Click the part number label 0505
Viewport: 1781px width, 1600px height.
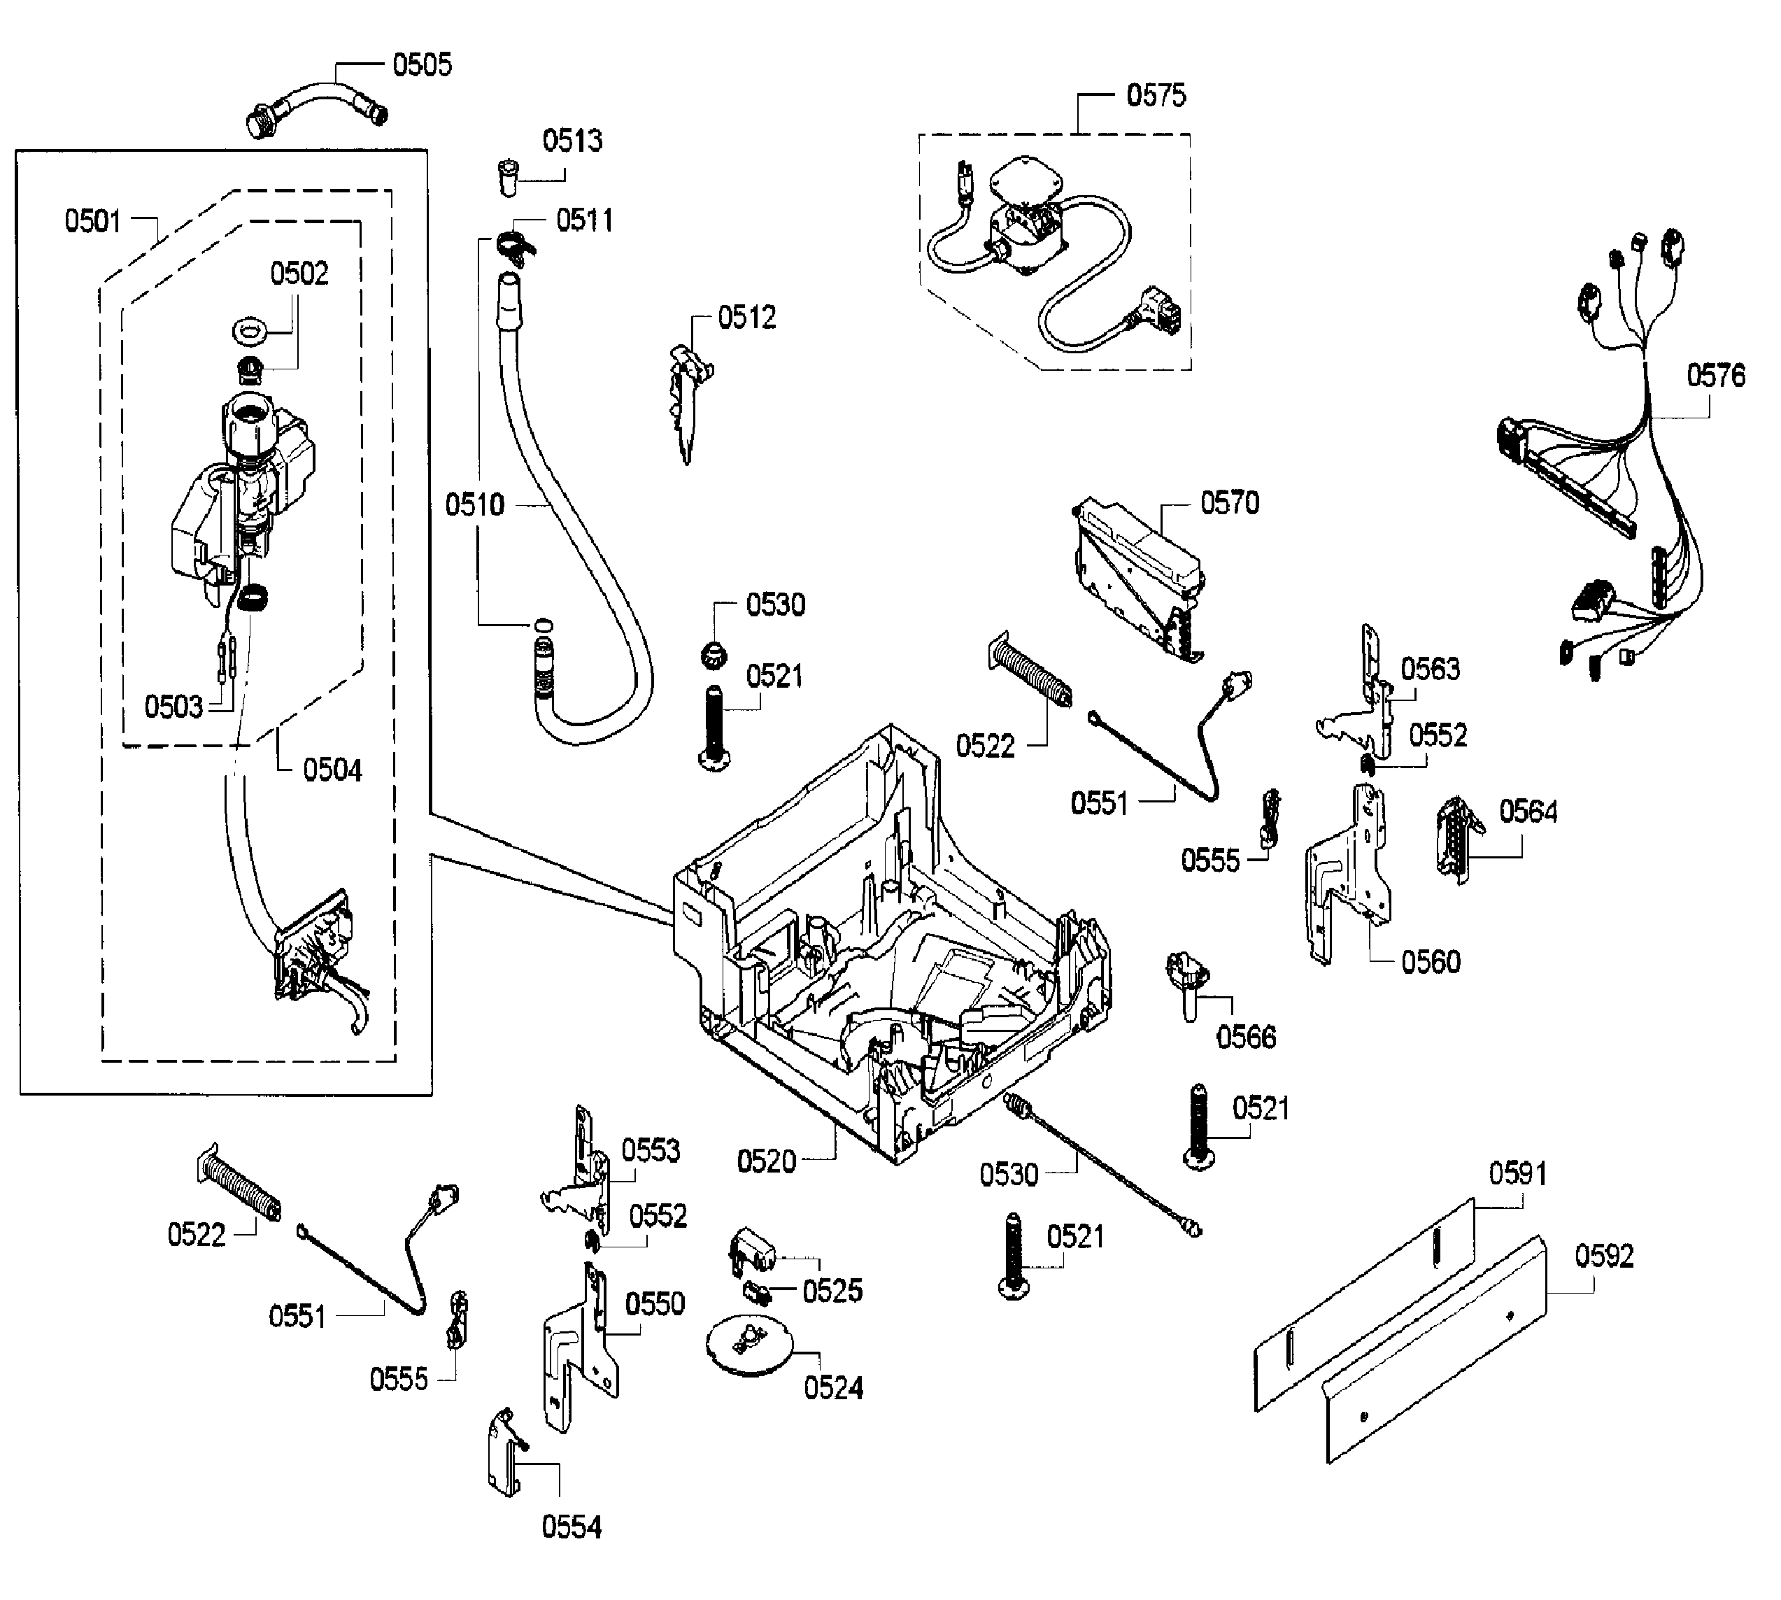(x=422, y=65)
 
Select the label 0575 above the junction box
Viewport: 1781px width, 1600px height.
(x=1156, y=95)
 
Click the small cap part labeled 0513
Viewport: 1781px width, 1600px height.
(x=507, y=176)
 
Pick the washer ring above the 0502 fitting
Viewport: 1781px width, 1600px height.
(x=250, y=333)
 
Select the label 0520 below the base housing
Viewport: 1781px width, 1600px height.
(x=766, y=1161)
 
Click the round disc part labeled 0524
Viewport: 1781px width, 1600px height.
(x=749, y=1345)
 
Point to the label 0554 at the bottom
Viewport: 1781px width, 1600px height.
(x=572, y=1527)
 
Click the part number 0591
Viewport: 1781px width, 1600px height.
(x=1517, y=1174)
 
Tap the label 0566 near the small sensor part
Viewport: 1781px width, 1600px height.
(x=1246, y=1038)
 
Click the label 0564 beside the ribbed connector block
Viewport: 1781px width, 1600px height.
(x=1528, y=812)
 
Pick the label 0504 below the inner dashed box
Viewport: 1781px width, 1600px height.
(x=332, y=770)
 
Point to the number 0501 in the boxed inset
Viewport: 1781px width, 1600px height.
(x=93, y=220)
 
